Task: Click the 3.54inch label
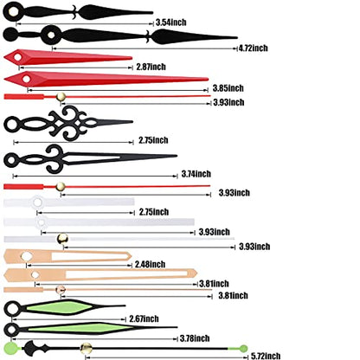click(171, 22)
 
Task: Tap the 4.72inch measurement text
click(254, 48)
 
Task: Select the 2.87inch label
click(151, 67)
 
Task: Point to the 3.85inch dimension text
click(228, 88)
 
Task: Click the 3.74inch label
click(196, 174)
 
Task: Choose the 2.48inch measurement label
click(150, 264)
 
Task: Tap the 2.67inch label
click(144, 318)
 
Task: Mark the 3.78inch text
click(195, 338)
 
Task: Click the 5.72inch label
click(266, 356)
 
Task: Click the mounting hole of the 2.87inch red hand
click(18, 57)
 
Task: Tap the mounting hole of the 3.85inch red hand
click(27, 79)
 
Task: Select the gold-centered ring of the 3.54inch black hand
click(12, 12)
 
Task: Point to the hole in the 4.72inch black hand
click(51, 35)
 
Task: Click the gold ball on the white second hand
click(62, 239)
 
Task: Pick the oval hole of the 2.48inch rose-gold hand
click(27, 256)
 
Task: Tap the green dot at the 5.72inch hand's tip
click(244, 349)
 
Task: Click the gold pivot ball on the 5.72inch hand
click(86, 348)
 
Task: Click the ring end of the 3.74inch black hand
click(10, 160)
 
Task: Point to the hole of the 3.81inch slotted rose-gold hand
click(35, 274)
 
